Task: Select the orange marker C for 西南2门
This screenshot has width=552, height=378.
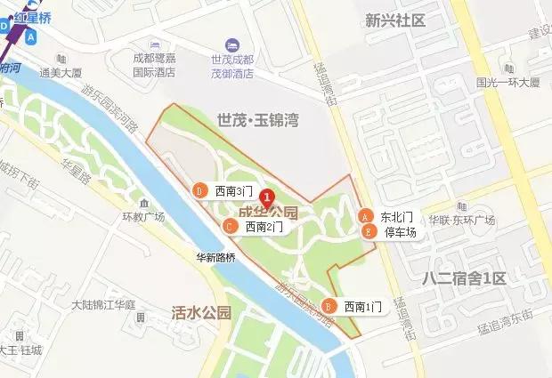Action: click(x=230, y=227)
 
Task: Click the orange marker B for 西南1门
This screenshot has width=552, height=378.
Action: click(x=329, y=306)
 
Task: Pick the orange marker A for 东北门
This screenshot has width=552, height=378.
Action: click(x=365, y=216)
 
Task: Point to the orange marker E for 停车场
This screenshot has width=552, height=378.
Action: click(x=368, y=231)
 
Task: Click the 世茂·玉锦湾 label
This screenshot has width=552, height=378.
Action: click(x=257, y=118)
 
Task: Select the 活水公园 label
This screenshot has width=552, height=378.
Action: click(x=201, y=312)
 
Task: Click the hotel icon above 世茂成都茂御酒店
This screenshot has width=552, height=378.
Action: click(x=231, y=44)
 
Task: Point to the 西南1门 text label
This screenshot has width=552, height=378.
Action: click(x=362, y=307)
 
